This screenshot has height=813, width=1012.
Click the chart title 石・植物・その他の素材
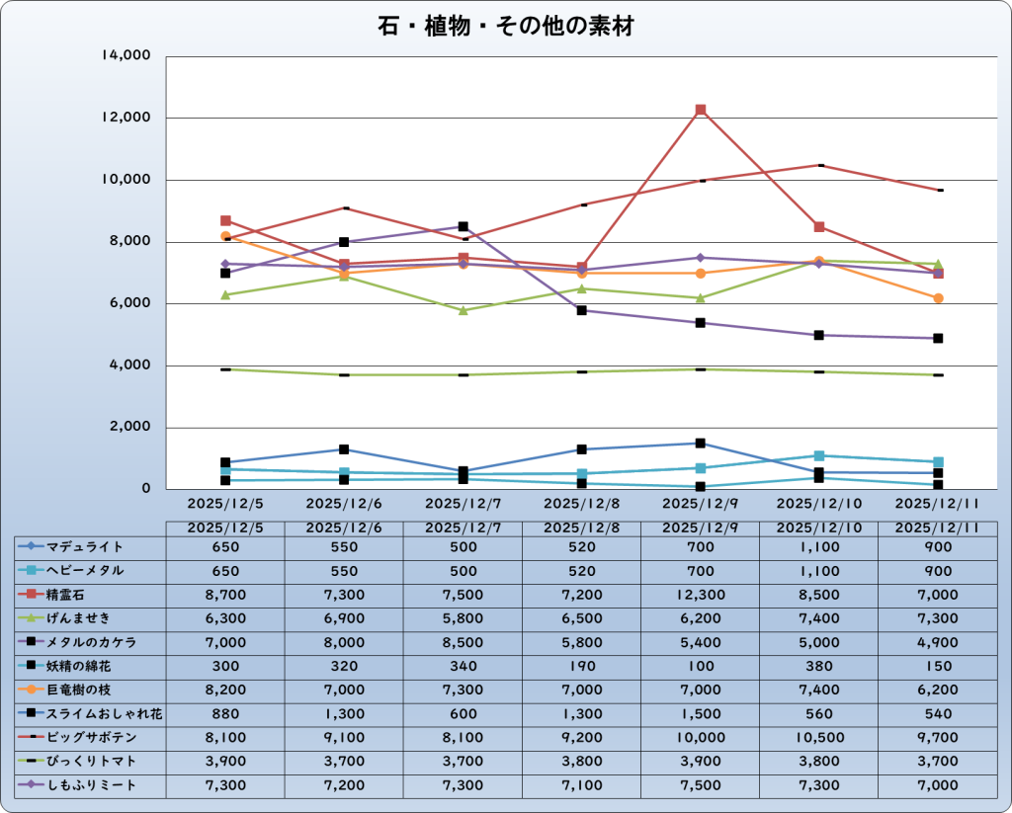pyautogui.click(x=505, y=27)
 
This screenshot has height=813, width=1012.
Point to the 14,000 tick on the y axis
pyautogui.click(x=126, y=56)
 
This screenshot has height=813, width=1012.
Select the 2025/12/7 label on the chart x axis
pyautogui.click(x=463, y=503)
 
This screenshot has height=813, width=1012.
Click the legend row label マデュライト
pyautogui.click(x=85, y=546)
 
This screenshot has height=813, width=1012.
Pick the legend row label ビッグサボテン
pyautogui.click(x=92, y=737)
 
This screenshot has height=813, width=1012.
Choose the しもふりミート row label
pyautogui.click(x=92, y=784)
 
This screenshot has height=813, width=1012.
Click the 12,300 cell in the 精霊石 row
pyautogui.click(x=700, y=595)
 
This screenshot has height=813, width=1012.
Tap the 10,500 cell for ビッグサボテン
pyautogui.click(x=818, y=737)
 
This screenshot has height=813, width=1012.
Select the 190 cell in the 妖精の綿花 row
pyautogui.click(x=581, y=666)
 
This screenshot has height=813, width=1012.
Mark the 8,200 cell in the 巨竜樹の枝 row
pyautogui.click(x=225, y=690)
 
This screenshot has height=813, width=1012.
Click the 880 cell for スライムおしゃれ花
pyautogui.click(x=225, y=713)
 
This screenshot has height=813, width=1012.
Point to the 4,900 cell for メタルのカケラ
pyautogui.click(x=937, y=642)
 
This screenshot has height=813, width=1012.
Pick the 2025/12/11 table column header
pyautogui.click(x=937, y=528)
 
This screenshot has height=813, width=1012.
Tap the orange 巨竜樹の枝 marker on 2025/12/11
pyautogui.click(x=938, y=297)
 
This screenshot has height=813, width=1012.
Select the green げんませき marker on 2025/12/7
pyautogui.click(x=463, y=310)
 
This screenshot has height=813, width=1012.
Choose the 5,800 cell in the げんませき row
pyautogui.click(x=463, y=618)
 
